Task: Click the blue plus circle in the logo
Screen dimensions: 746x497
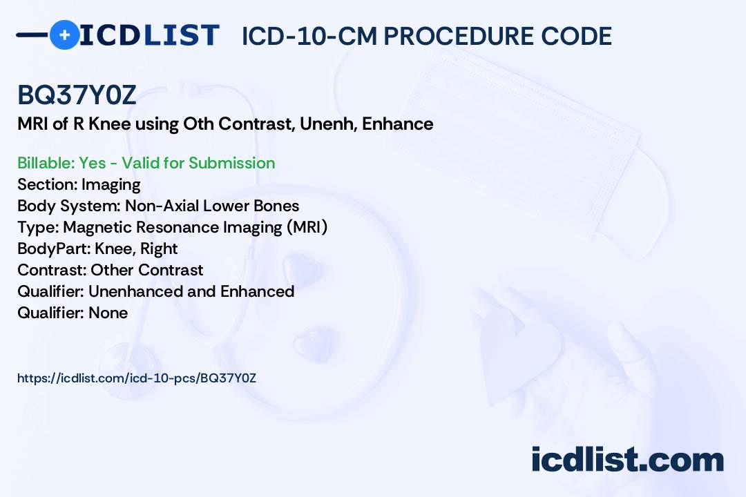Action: coord(64,35)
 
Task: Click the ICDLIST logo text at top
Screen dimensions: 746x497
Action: coord(149,35)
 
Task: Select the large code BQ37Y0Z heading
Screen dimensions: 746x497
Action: coord(77,95)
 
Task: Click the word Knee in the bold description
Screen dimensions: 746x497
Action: coord(109,124)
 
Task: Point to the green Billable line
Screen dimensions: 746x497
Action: coord(146,163)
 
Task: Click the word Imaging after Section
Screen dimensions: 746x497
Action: coord(111,184)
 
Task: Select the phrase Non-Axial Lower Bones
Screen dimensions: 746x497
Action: coord(212,206)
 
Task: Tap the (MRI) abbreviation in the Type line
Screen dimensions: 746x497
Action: coord(307,227)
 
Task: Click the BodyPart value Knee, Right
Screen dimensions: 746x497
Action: coord(136,248)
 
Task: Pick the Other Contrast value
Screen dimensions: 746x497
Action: coord(147,270)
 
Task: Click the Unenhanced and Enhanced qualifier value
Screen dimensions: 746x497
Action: coord(191,291)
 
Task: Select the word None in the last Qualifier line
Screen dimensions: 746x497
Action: coord(108,313)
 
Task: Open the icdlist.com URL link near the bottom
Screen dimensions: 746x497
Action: coord(137,378)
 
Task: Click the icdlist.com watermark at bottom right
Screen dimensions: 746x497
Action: coord(627,459)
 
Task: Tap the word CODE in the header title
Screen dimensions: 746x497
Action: coord(577,36)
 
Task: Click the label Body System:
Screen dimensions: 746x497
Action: coord(68,206)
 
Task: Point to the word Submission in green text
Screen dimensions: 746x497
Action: coord(231,163)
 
